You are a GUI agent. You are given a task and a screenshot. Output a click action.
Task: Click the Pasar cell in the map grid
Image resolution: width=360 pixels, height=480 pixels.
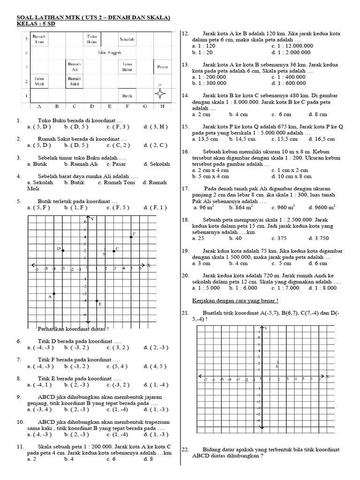[162, 67]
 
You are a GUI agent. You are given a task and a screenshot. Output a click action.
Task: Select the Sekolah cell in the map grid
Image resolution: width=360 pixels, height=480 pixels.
[127, 39]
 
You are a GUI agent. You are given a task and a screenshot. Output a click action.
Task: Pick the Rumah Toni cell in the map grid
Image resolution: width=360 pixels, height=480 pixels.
[39, 39]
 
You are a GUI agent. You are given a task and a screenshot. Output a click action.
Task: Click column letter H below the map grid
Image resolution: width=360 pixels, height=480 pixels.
[162, 106]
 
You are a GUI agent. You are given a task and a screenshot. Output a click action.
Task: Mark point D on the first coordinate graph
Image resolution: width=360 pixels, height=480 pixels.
[63, 250]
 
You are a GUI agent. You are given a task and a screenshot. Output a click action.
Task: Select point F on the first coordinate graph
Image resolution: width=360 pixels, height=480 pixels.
[131, 237]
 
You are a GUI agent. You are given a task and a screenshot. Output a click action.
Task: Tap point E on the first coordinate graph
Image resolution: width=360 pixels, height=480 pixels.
[97, 301]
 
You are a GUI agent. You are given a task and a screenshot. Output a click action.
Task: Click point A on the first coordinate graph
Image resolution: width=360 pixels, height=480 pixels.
[54, 294]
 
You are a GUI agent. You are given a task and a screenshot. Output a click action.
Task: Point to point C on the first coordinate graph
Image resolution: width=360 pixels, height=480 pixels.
[114, 251]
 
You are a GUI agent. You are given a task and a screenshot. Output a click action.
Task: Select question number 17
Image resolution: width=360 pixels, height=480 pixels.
[185, 188]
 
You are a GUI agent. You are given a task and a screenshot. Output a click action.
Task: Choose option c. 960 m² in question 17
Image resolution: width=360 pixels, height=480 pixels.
[281, 207]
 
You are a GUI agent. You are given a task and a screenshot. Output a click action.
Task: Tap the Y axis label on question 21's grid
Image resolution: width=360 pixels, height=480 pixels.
[266, 329]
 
